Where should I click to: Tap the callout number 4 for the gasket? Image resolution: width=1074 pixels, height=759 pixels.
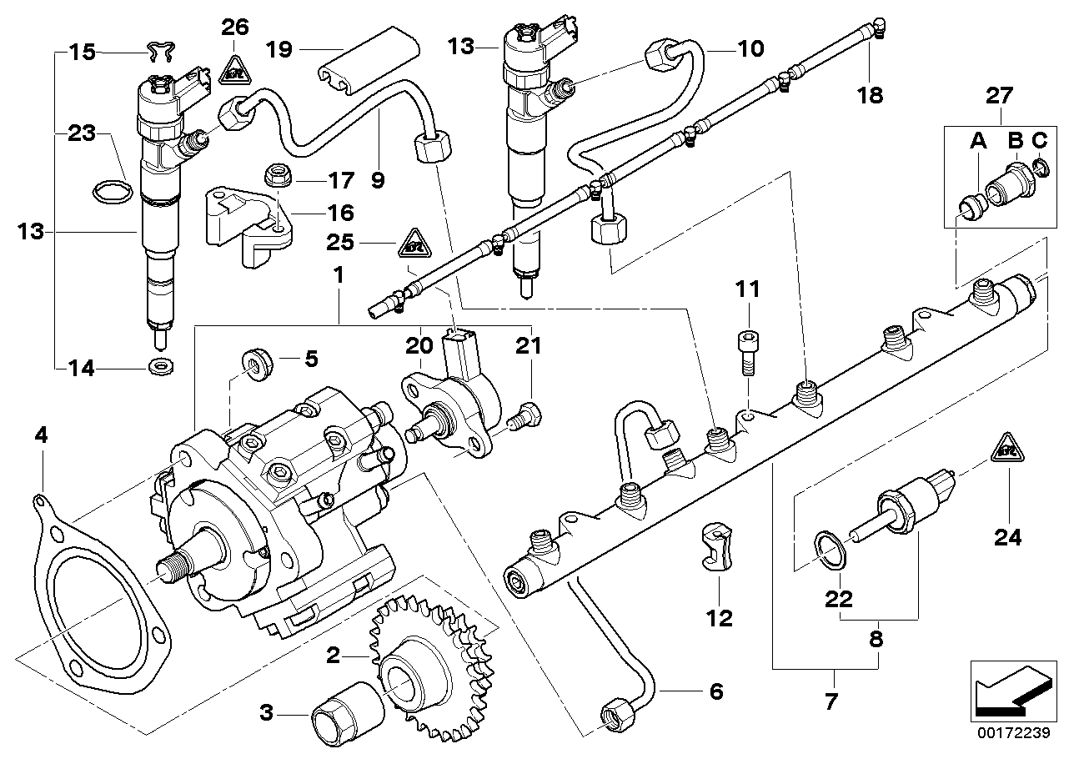(41, 434)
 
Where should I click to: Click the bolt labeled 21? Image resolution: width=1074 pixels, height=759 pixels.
(525, 415)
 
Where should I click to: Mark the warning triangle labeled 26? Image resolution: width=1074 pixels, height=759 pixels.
(234, 68)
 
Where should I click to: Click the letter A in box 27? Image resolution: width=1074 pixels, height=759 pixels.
(978, 142)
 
